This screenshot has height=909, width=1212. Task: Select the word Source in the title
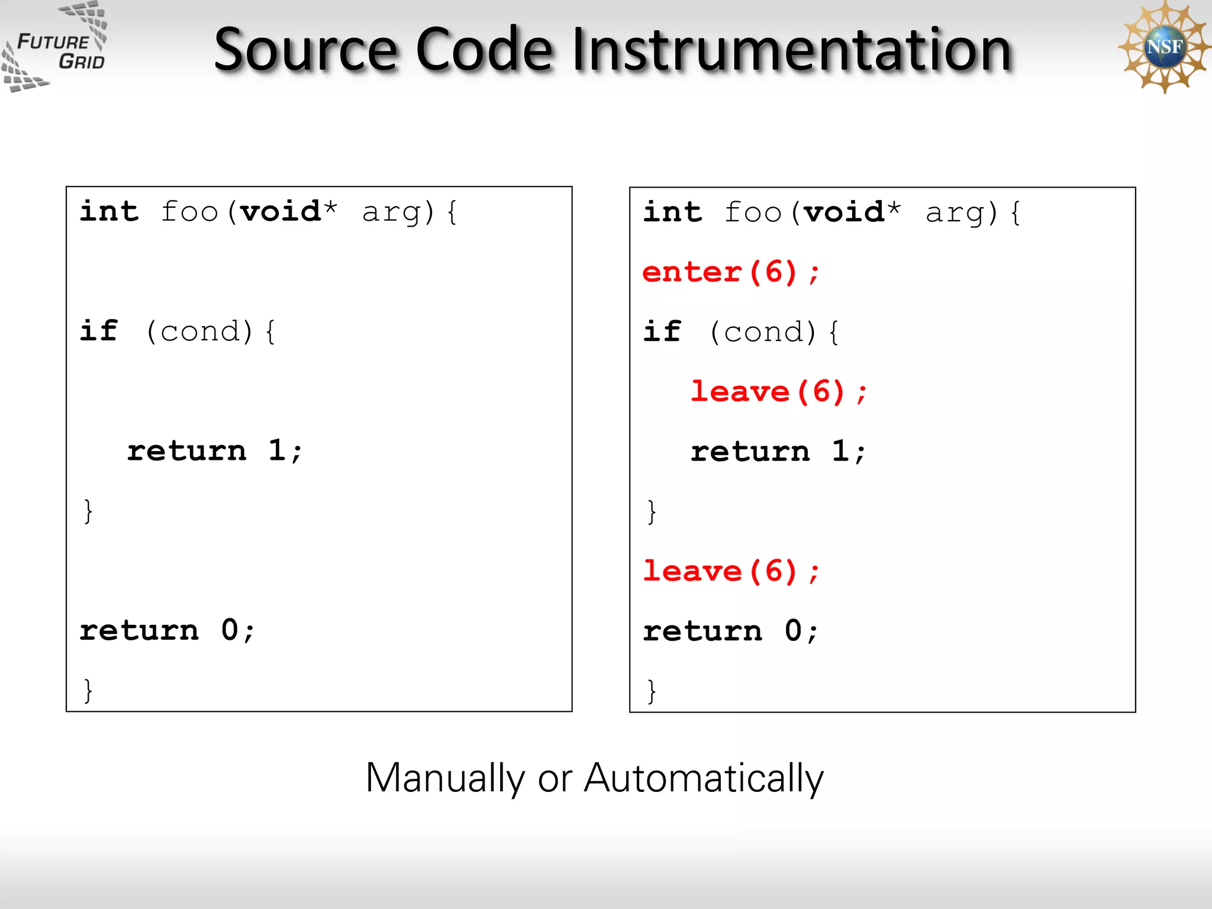pyautogui.click(x=305, y=50)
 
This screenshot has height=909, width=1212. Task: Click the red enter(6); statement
pyautogui.click(x=731, y=273)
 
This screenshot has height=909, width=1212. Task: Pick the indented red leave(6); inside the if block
pyautogui.click(x=778, y=392)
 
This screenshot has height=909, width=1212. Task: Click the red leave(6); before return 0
pyautogui.click(x=731, y=572)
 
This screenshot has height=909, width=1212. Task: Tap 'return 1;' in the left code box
pyautogui.click(x=215, y=451)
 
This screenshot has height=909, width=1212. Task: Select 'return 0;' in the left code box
pyautogui.click(x=167, y=630)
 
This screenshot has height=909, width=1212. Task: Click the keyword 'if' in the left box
pyautogui.click(x=99, y=331)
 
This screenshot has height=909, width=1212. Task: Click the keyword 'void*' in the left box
pyautogui.click(x=288, y=212)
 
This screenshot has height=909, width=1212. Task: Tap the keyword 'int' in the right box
pyautogui.click(x=673, y=212)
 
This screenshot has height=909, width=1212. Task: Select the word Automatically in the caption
pyautogui.click(x=704, y=778)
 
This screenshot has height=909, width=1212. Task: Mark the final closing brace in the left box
pyautogui.click(x=88, y=691)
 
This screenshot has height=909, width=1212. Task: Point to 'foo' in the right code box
pyautogui.click(x=753, y=212)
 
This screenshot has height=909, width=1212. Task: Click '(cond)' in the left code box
pyautogui.click(x=199, y=331)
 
